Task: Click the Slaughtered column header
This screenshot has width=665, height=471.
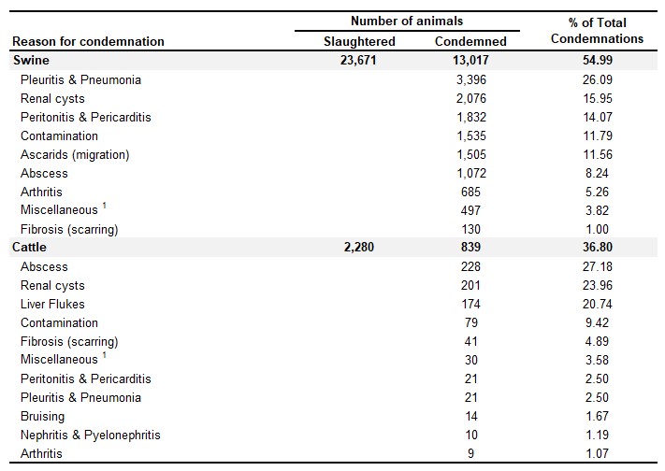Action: click(359, 41)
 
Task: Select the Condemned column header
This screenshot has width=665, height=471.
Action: click(470, 41)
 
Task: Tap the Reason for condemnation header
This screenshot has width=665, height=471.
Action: click(88, 41)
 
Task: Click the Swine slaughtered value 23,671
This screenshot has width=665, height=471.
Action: click(358, 60)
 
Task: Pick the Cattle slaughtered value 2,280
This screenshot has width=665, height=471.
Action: click(359, 247)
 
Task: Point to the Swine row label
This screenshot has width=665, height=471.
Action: click(31, 60)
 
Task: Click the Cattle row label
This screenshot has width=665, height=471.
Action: click(29, 247)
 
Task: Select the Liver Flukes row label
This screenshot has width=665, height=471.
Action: click(52, 304)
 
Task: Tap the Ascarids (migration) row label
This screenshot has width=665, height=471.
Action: click(75, 155)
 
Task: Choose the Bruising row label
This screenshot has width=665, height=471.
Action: click(42, 416)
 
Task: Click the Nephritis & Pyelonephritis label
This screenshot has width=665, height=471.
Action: click(91, 435)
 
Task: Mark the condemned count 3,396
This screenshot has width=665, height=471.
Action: click(471, 79)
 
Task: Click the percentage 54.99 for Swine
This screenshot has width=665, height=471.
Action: click(598, 60)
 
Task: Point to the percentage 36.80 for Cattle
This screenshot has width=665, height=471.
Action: click(598, 247)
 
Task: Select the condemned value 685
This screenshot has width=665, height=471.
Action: click(470, 193)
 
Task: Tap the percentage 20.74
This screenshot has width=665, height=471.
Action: click(598, 304)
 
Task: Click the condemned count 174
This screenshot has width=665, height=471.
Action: click(470, 304)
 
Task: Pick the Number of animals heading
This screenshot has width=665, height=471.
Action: click(407, 21)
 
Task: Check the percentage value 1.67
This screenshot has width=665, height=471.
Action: click(597, 416)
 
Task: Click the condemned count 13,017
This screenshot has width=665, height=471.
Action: click(470, 60)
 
